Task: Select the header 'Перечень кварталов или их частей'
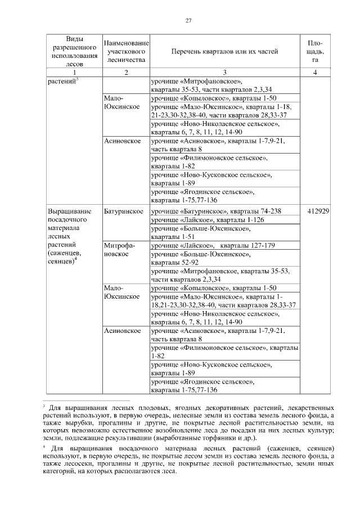(224, 51)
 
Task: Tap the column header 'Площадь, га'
(315, 51)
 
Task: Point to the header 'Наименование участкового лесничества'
(126, 51)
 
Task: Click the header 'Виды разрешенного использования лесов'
(73, 51)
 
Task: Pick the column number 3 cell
(224, 72)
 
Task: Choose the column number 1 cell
(73, 72)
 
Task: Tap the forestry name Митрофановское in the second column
(118, 250)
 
